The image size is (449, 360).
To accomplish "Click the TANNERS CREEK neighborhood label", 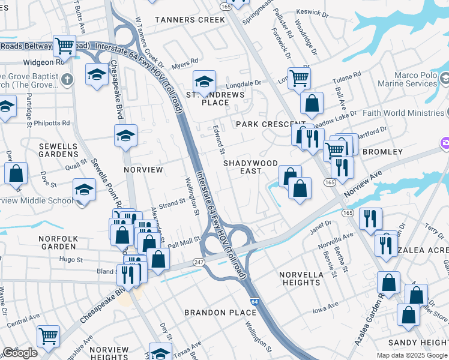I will [x=190, y=20].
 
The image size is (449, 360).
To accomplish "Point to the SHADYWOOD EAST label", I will [x=250, y=167].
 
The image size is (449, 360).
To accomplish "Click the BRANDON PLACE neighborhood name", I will [x=221, y=313].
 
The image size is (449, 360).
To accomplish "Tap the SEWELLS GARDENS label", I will [x=58, y=150].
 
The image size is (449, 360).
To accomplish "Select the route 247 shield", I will [x=199, y=262].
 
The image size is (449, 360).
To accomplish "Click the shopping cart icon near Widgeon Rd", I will [x=64, y=45].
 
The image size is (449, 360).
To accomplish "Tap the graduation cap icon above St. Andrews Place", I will [x=204, y=82].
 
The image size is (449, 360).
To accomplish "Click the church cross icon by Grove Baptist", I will [x=67, y=79].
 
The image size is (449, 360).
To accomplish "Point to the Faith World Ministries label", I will [x=406, y=113].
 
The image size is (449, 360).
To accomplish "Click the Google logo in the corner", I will [x=20, y=353].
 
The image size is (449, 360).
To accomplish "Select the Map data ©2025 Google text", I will [x=412, y=355].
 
